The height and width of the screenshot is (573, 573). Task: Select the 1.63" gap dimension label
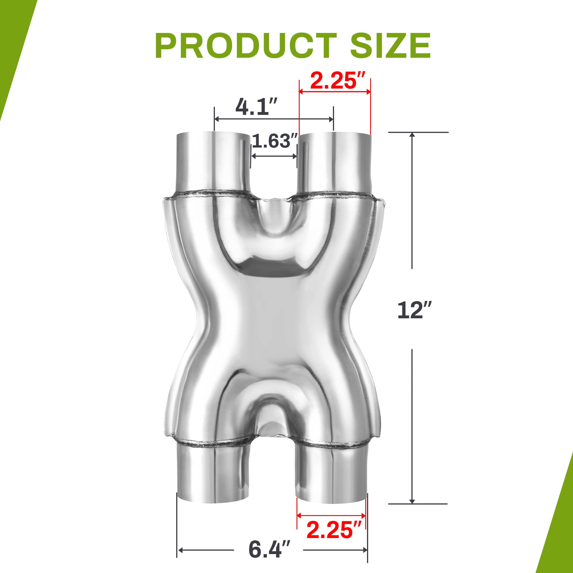(x=274, y=141)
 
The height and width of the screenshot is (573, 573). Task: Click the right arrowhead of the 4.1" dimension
(x=331, y=119)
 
